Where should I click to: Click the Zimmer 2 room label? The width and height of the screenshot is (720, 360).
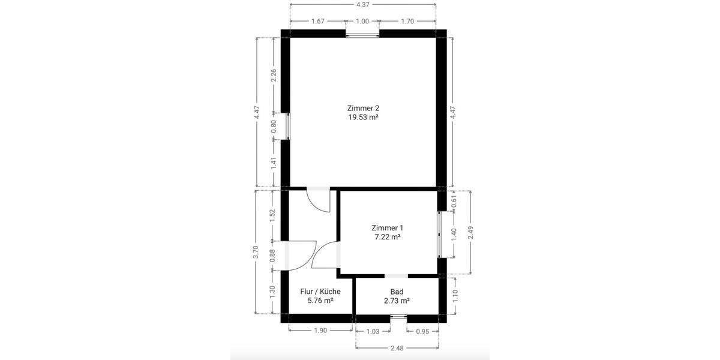[x=363, y=108]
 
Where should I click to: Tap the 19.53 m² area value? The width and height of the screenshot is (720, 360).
[x=363, y=118]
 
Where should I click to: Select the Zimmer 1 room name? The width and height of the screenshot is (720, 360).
[x=387, y=228]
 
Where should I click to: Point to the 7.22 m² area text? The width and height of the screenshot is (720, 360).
[x=387, y=237]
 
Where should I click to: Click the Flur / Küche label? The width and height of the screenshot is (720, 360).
[x=320, y=292]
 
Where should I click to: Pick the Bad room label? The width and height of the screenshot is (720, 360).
[x=397, y=292]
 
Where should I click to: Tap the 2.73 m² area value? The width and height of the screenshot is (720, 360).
[x=397, y=301]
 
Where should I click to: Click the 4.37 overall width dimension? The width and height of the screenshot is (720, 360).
[x=363, y=5]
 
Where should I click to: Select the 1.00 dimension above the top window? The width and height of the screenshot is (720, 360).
[x=362, y=22]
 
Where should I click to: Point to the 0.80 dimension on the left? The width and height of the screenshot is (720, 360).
[x=274, y=127]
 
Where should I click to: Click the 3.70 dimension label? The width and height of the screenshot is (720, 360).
[x=256, y=252]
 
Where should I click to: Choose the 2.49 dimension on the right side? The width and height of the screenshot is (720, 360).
[x=470, y=232]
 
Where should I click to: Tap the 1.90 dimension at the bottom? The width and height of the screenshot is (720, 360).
[x=320, y=331]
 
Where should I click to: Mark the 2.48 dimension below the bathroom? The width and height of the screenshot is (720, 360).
[x=397, y=347]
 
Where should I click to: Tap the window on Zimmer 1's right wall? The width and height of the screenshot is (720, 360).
[x=440, y=232]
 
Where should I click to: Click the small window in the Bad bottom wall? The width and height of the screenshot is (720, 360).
[x=397, y=317]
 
